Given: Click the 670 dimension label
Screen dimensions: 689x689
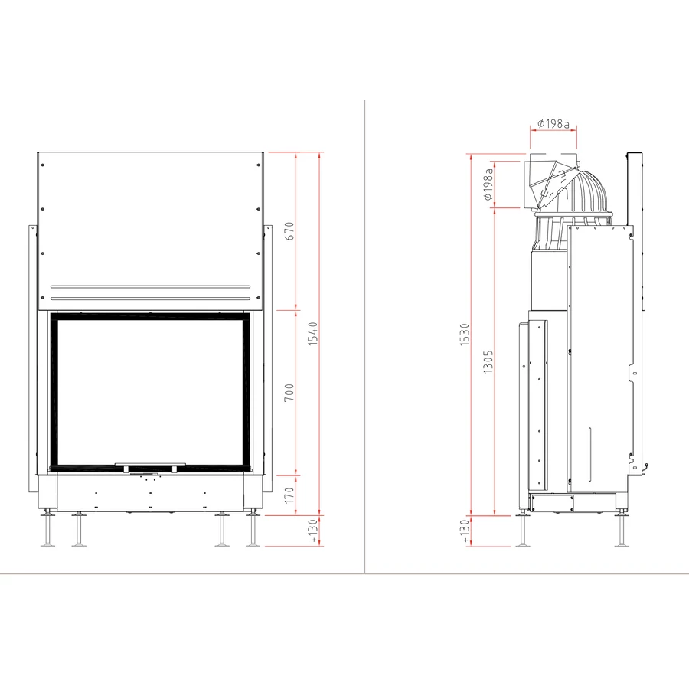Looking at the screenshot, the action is click(x=289, y=231).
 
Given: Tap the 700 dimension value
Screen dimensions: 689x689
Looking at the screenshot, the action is click(x=289, y=393).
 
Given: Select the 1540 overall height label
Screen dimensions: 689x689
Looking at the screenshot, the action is click(x=312, y=334).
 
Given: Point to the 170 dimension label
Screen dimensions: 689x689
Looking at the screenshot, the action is click(x=289, y=495).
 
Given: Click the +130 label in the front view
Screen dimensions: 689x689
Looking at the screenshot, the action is click(x=313, y=531).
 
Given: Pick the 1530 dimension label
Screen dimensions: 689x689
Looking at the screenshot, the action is click(x=465, y=335).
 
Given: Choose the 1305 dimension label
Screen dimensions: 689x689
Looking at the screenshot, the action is click(x=488, y=361).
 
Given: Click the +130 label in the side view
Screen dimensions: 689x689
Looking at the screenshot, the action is click(x=465, y=531).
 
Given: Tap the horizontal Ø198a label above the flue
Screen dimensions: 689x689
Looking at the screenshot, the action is click(x=553, y=124).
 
